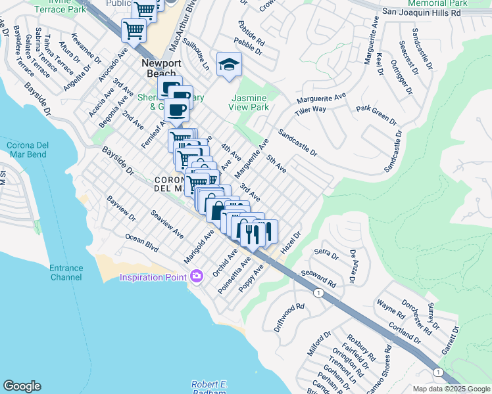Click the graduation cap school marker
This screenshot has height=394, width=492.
(229, 64)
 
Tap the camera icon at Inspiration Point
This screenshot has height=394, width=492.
(196, 276)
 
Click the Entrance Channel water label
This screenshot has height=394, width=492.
(66, 273)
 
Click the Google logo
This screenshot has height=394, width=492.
(22, 386)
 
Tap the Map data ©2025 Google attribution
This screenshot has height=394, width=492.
(451, 389)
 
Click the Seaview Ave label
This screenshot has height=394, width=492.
(166, 223)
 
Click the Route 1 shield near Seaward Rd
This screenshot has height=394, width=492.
(318, 292)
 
